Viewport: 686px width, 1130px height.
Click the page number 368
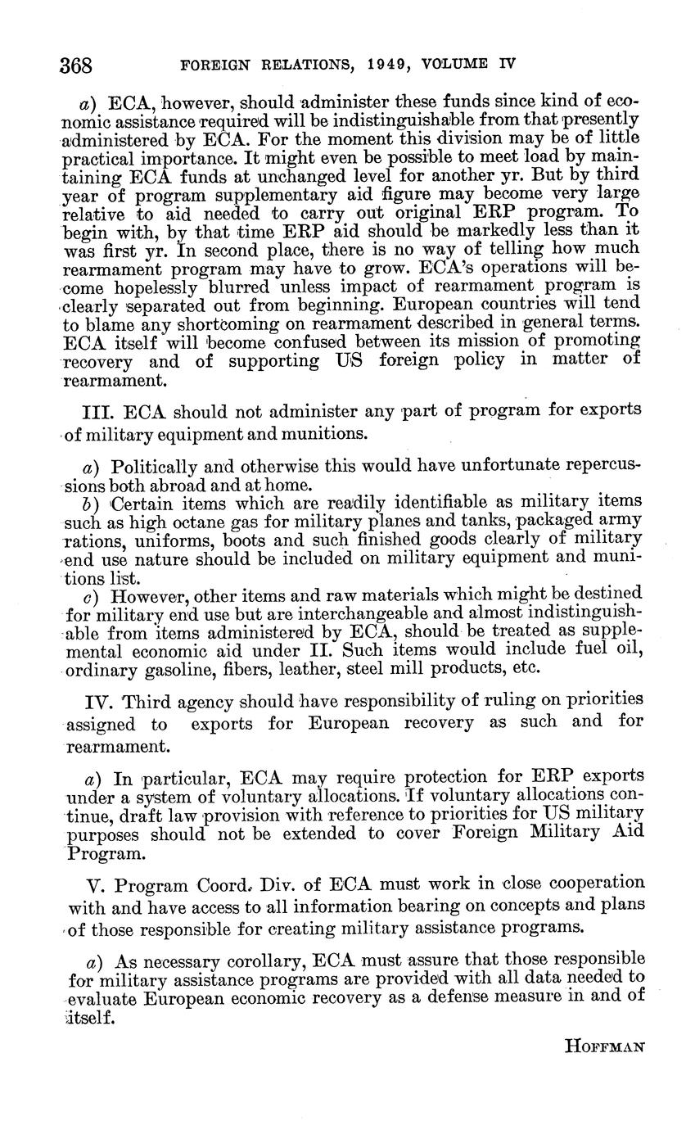click(76, 64)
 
